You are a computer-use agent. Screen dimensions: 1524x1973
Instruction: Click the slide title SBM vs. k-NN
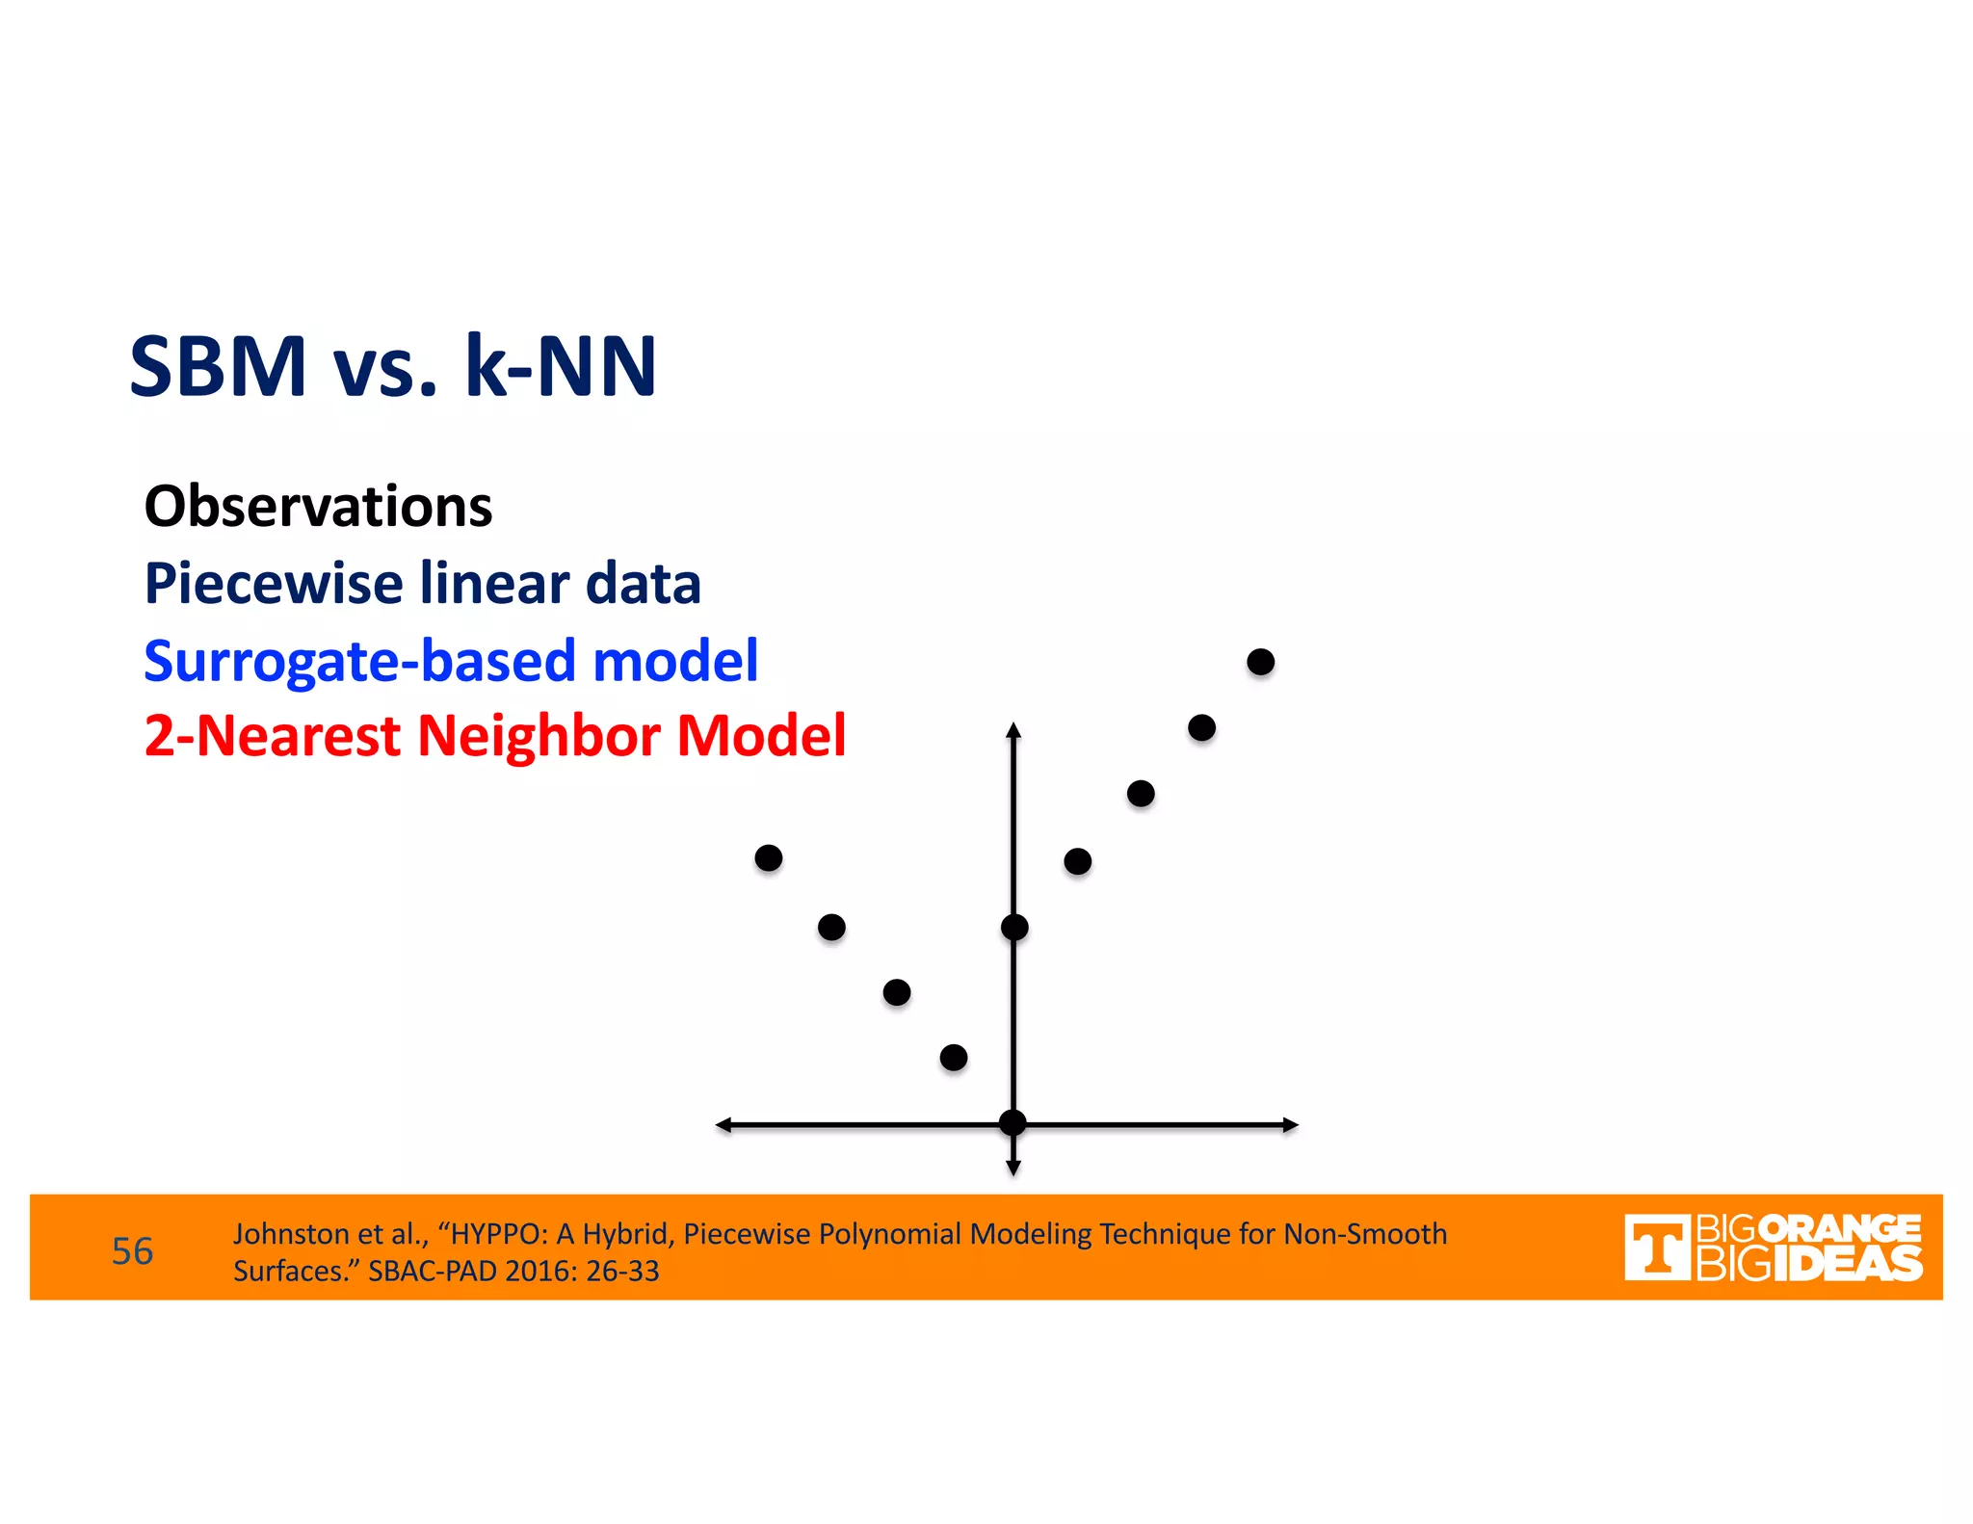tap(393, 366)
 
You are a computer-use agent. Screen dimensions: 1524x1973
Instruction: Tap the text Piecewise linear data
tap(422, 584)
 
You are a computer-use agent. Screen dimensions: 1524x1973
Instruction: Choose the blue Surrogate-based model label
tap(451, 661)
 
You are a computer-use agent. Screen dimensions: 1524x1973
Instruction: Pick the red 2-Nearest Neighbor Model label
tap(494, 736)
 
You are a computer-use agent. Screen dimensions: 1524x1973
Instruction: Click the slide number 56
tap(132, 1251)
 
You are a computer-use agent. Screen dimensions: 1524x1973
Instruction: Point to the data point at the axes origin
tap(1013, 1122)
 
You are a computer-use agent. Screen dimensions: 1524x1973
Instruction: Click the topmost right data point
tap(1260, 662)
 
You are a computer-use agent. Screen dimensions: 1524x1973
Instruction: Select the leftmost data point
tap(768, 857)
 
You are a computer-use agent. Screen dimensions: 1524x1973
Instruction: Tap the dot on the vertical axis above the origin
tap(1014, 927)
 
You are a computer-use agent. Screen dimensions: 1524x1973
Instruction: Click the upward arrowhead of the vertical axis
tap(1013, 729)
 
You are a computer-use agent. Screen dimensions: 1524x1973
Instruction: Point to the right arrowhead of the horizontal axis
tap(1291, 1124)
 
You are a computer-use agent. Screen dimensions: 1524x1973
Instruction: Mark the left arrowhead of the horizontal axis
tap(723, 1124)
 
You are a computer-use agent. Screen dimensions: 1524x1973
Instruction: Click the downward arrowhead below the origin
tap(1013, 1168)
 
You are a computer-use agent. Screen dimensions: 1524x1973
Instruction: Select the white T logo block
tap(1657, 1248)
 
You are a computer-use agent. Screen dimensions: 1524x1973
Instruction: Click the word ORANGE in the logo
tap(1839, 1229)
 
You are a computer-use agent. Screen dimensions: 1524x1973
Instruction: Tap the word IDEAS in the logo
tap(1847, 1264)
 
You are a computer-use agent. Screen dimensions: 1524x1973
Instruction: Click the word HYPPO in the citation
tap(498, 1234)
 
